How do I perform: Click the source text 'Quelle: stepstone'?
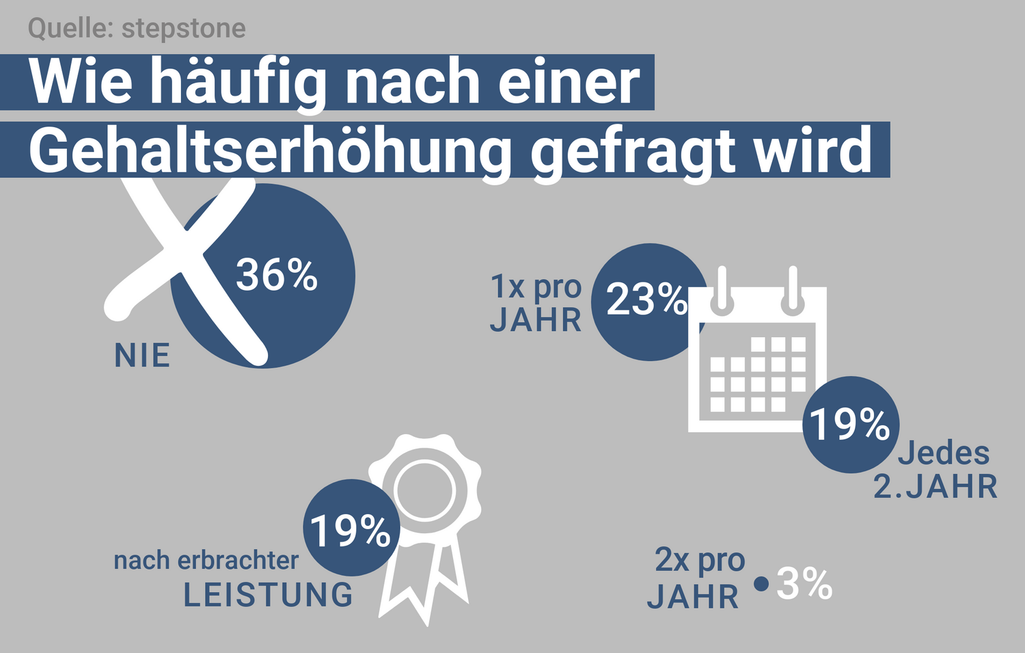tap(137, 29)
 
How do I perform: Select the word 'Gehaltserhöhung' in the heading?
tap(270, 150)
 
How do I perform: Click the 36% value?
tap(277, 276)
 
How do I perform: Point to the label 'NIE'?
tap(142, 356)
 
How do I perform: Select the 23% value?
tap(646, 299)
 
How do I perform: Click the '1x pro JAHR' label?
tap(536, 304)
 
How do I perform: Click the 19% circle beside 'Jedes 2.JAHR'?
tap(850, 424)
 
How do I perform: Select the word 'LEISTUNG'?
tap(268, 595)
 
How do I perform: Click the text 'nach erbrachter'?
tap(206, 561)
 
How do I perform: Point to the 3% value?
tap(804, 584)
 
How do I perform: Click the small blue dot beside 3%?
tap(761, 584)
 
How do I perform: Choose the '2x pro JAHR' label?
tap(696, 578)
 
